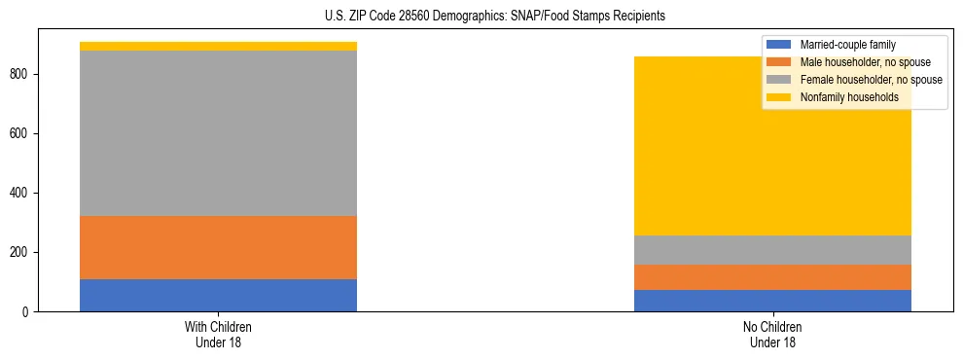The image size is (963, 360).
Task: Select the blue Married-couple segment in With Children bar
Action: [x=218, y=295]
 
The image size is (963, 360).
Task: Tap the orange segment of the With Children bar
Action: [x=218, y=247]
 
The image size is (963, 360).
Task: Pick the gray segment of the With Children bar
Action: [x=218, y=133]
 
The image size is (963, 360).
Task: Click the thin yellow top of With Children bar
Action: [x=218, y=46]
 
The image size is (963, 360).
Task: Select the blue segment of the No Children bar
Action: [x=772, y=301]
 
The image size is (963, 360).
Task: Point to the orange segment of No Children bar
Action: [x=772, y=277]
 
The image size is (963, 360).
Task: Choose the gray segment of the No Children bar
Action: [x=772, y=250]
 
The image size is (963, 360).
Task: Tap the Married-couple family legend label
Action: [x=847, y=45]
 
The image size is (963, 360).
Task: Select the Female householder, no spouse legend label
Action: [x=871, y=80]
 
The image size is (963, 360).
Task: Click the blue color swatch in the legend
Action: [x=780, y=45]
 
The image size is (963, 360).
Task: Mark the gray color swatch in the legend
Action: [x=780, y=80]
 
